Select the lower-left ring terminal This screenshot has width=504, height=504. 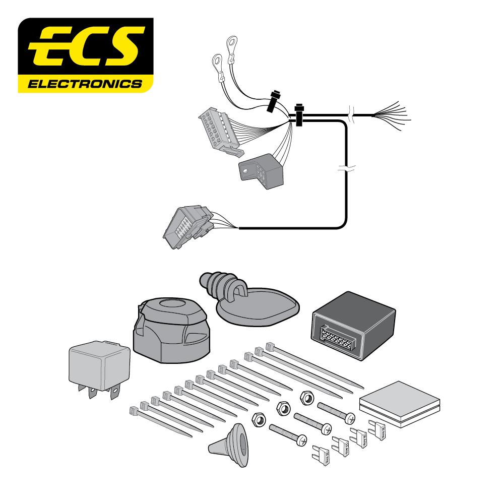pos(216,62)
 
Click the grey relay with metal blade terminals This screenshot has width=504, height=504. pos(98,365)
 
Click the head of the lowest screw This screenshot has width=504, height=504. pos(301,440)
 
